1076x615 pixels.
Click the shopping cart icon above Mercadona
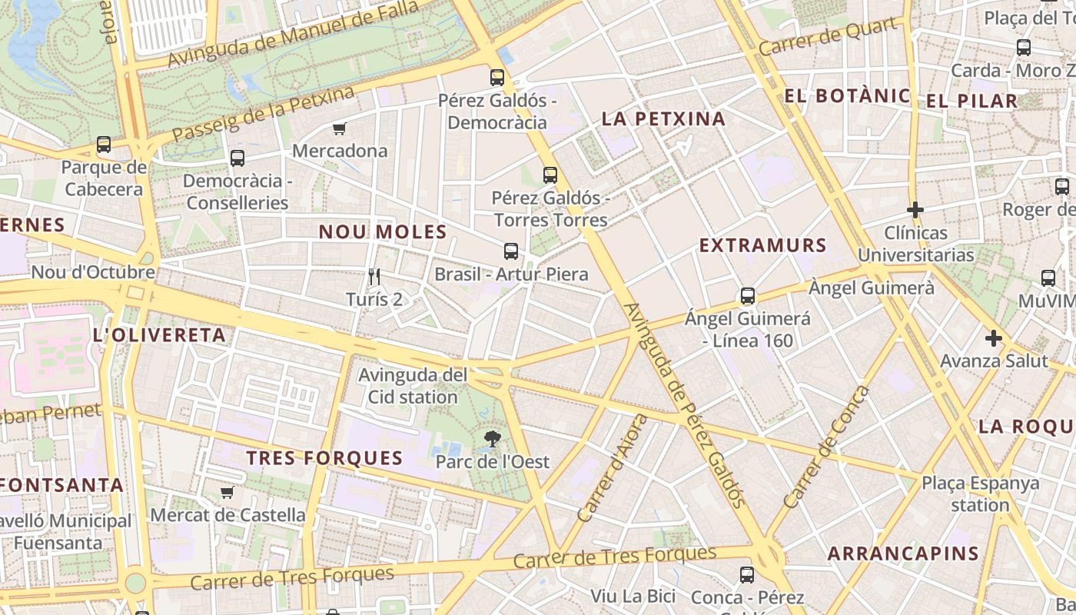pyautogui.click(x=339, y=128)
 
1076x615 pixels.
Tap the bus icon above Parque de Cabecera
pyautogui.click(x=104, y=144)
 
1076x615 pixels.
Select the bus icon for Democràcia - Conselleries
pyautogui.click(x=237, y=158)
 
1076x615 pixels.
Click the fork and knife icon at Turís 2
pyautogui.click(x=374, y=277)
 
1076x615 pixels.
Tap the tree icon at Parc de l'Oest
pyautogui.click(x=492, y=439)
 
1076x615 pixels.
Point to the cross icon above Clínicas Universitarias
pyautogui.click(x=915, y=209)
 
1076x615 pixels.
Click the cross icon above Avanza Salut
pyautogui.click(x=994, y=337)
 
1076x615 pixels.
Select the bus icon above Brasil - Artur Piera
pyautogui.click(x=511, y=251)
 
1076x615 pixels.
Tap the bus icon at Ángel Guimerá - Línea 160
pyautogui.click(x=747, y=295)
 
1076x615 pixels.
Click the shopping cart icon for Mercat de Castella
pyautogui.click(x=227, y=492)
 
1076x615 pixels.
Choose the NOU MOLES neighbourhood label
pyautogui.click(x=383, y=231)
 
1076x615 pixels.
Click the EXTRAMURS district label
pyautogui.click(x=762, y=245)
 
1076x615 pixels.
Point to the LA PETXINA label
pyautogui.click(x=663, y=118)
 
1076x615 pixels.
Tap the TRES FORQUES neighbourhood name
pyautogui.click(x=324, y=458)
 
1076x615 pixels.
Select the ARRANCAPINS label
pyautogui.click(x=903, y=553)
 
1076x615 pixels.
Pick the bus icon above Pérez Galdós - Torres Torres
pyautogui.click(x=550, y=175)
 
